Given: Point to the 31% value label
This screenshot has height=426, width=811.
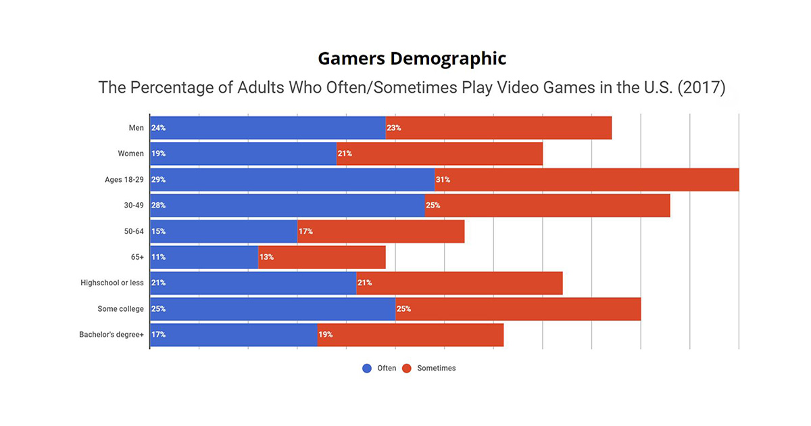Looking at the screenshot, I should pyautogui.click(x=443, y=180).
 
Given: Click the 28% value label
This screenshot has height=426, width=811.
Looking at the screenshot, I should pyautogui.click(x=158, y=206).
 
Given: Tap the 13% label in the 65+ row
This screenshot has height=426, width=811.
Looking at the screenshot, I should pyautogui.click(x=266, y=257).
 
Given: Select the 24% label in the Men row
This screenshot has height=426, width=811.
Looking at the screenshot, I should pyautogui.click(x=158, y=128).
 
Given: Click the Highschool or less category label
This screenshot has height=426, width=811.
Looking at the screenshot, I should pyautogui.click(x=112, y=283).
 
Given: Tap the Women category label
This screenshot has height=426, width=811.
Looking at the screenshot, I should pyautogui.click(x=130, y=153).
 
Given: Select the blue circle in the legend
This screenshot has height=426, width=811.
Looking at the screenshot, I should pyautogui.click(x=367, y=369).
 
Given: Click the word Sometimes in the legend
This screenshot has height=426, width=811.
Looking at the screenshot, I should pyautogui.click(x=436, y=369).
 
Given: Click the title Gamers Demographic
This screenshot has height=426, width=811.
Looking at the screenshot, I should pyautogui.click(x=412, y=59).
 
